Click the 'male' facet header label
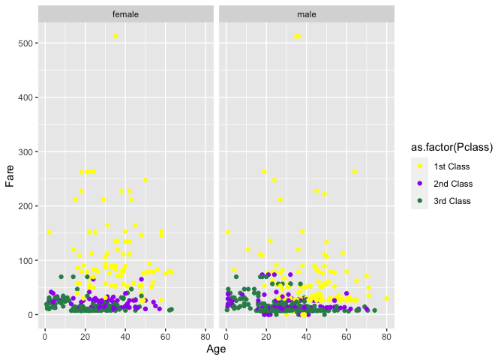tap(306, 14)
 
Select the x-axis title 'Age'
tap(215, 349)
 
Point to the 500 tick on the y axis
tap(24, 43)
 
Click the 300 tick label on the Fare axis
tap(24, 152)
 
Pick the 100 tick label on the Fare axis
tap(24, 260)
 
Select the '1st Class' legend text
tap(453, 166)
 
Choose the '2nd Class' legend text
tap(454, 184)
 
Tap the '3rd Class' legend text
tap(454, 201)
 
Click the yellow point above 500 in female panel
tap(115, 37)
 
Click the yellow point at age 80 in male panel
tap(387, 298)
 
